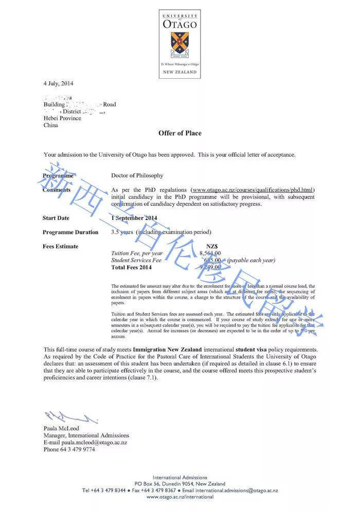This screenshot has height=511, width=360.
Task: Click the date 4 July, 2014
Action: tap(59, 83)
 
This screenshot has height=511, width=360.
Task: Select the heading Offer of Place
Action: tap(179, 133)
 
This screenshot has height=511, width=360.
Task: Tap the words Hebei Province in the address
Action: tap(62, 118)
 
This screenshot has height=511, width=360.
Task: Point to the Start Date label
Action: tap(56, 218)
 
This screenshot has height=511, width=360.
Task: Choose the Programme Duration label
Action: tap(70, 232)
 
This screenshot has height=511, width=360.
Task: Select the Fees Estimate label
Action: tap(61, 246)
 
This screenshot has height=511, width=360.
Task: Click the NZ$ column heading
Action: tap(212, 246)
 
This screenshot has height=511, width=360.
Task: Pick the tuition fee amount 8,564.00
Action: tap(210, 253)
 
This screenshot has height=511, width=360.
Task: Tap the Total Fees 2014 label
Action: tap(132, 267)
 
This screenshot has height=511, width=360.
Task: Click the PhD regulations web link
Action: tap(251, 190)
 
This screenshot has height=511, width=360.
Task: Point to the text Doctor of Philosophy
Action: tap(137, 175)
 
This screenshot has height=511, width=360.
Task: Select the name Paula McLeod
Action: tap(62, 428)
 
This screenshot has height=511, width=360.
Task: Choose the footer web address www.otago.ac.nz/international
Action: tap(179, 497)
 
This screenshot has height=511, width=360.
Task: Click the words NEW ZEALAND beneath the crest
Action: tap(179, 72)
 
